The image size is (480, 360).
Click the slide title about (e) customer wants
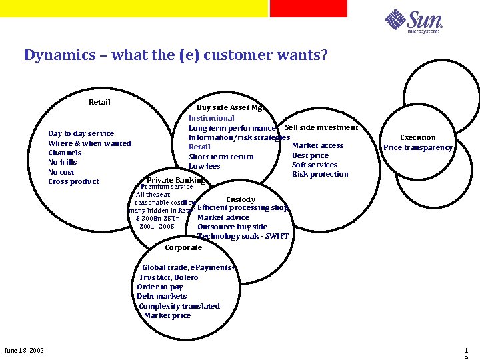click(x=176, y=55)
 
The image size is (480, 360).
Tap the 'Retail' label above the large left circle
click(x=99, y=102)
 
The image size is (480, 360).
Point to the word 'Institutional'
click(x=211, y=118)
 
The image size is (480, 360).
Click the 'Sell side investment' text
click(x=321, y=127)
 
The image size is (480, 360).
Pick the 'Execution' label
click(x=417, y=137)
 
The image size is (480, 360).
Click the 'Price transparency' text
click(x=417, y=147)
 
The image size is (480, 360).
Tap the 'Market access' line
click(x=317, y=145)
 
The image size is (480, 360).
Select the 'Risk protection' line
click(x=320, y=174)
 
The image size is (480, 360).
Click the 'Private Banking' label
click(x=176, y=180)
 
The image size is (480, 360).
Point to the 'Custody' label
click(x=240, y=199)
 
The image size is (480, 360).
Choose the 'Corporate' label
click(x=183, y=247)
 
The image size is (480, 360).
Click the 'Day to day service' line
click(x=81, y=133)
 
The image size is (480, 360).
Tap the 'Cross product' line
click(x=73, y=181)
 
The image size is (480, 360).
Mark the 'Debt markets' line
click(x=161, y=296)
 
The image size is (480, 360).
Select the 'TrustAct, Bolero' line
click(x=168, y=277)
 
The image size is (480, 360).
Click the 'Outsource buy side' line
click(x=232, y=227)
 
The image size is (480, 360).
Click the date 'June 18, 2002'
click(x=24, y=350)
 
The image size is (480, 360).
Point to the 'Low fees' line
click(x=204, y=166)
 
